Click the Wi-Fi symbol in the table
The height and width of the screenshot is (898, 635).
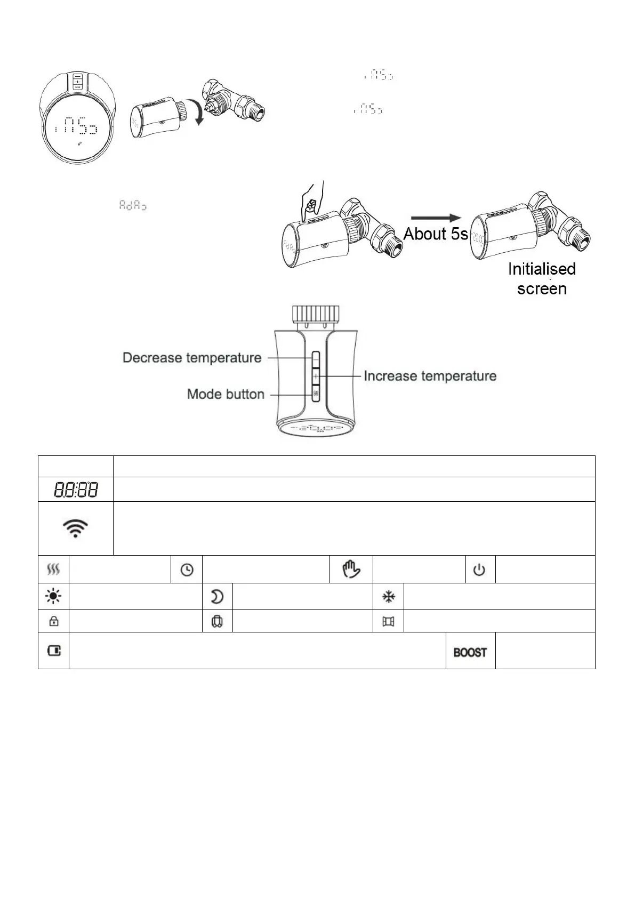click(75, 528)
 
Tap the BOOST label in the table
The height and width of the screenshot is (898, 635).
click(470, 652)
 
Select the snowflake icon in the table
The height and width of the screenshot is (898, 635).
click(389, 597)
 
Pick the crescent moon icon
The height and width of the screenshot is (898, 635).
click(217, 597)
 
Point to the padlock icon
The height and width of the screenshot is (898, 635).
click(53, 621)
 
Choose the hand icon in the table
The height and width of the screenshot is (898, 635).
click(351, 570)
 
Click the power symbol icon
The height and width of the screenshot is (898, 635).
click(480, 570)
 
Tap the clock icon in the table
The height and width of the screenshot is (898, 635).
click(187, 570)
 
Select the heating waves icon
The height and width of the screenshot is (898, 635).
click(53, 570)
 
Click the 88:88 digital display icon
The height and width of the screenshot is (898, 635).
click(75, 489)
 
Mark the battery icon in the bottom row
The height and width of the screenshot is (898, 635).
click(54, 651)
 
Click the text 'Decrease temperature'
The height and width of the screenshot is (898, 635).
click(192, 358)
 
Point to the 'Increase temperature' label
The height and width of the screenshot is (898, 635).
click(430, 376)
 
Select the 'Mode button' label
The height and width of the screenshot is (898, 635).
click(226, 395)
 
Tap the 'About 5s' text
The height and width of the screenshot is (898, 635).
click(436, 234)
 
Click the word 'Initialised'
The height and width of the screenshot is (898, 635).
click(542, 269)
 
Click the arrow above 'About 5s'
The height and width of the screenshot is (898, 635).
click(435, 218)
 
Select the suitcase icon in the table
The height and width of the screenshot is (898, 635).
click(217, 622)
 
